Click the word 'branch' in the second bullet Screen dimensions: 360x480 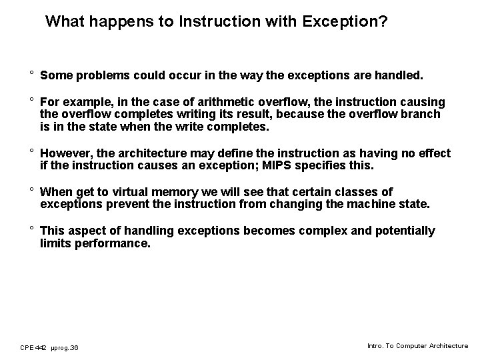coord(421,114)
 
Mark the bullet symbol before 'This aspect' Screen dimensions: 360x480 coord(31,231)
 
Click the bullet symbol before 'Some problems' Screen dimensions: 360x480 coord(31,76)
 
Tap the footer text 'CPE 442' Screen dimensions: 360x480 coord(33,347)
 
